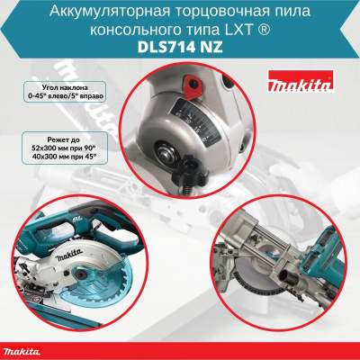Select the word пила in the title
[276, 11]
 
